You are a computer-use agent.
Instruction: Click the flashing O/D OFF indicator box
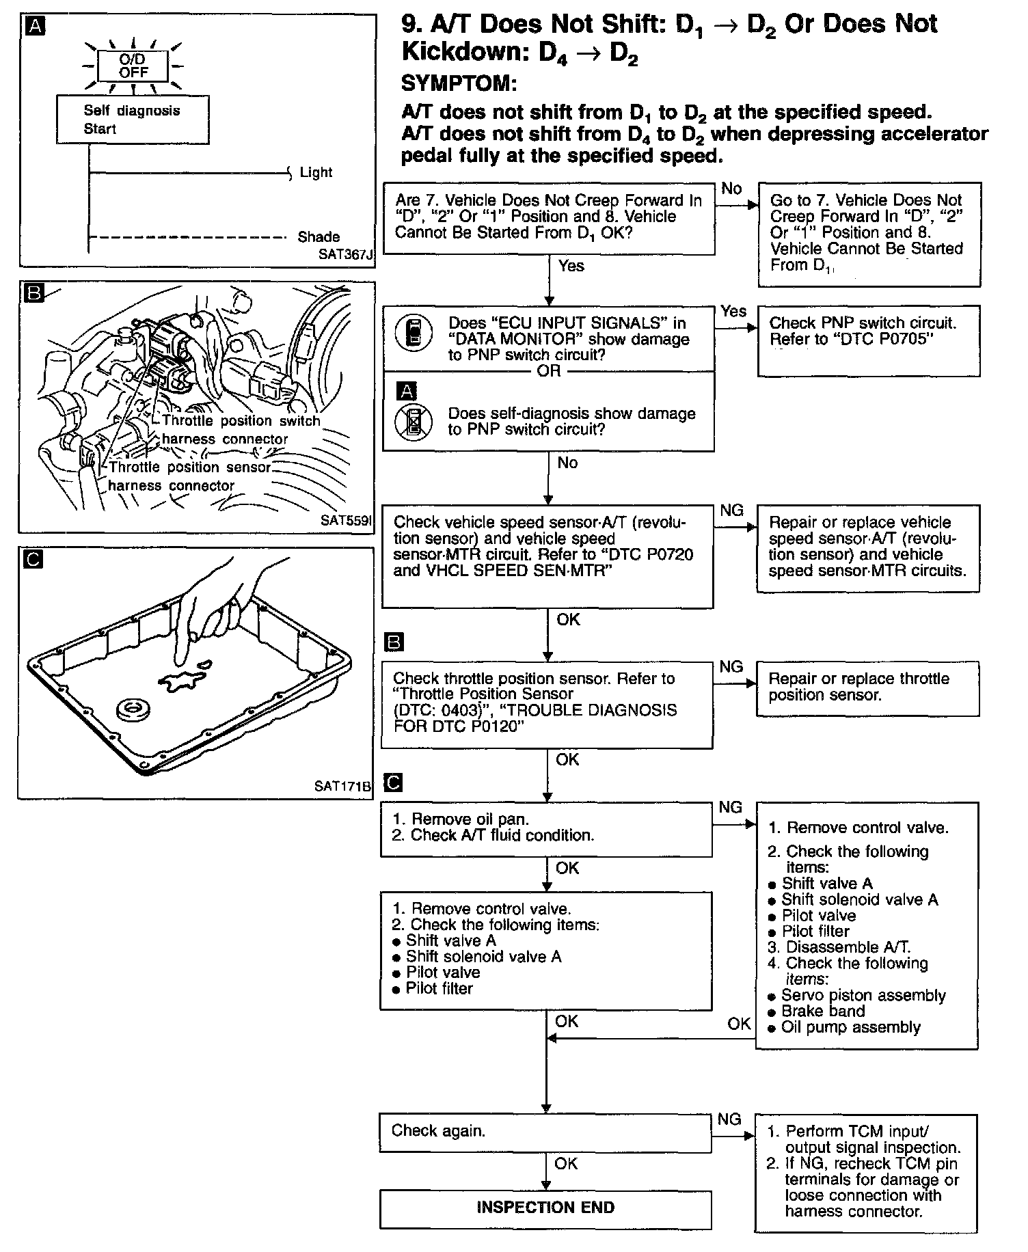tap(133, 66)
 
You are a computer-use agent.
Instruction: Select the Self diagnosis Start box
tap(133, 120)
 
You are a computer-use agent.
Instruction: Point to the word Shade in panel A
tap(319, 236)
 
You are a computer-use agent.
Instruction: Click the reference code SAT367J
tap(346, 255)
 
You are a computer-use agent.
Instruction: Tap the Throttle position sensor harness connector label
tap(189, 476)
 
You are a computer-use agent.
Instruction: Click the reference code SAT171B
tap(342, 786)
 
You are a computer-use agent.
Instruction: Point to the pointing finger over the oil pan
tap(205, 608)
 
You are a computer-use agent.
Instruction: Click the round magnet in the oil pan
tap(135, 709)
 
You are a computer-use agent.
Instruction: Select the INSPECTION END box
tap(545, 1208)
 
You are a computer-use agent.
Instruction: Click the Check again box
tap(545, 1131)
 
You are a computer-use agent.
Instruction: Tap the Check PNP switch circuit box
tap(868, 340)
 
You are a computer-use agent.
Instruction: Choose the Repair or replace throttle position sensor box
tap(867, 688)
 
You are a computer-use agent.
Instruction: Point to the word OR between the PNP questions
tap(549, 371)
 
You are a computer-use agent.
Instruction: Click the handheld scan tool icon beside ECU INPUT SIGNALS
tap(414, 333)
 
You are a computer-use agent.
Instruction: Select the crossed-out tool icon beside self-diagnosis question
tap(414, 422)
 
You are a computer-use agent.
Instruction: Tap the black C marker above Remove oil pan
tap(394, 782)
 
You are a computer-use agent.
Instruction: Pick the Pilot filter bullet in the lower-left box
tap(438, 988)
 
